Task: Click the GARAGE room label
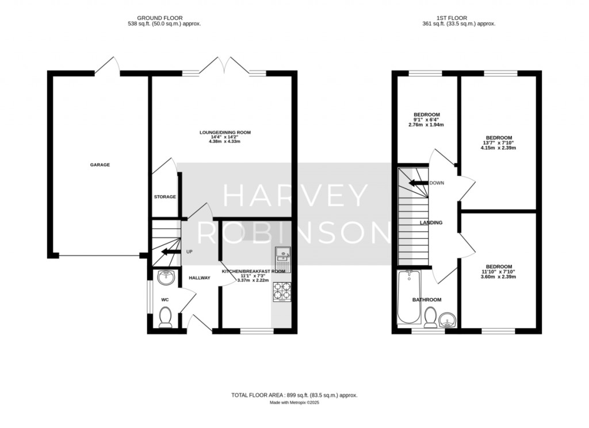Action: (100, 165)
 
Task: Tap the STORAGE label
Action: (165, 196)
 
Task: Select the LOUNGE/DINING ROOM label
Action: (225, 132)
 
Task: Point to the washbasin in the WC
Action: (166, 277)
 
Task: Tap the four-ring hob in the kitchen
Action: (282, 292)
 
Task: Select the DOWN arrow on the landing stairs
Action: (418, 183)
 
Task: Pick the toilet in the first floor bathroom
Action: (430, 317)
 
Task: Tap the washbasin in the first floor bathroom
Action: (447, 320)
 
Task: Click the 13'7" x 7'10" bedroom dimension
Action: (499, 142)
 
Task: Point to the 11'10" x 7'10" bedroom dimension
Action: (498, 272)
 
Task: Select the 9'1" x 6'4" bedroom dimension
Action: (427, 119)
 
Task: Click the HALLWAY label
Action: (200, 278)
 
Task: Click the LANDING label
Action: (431, 222)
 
